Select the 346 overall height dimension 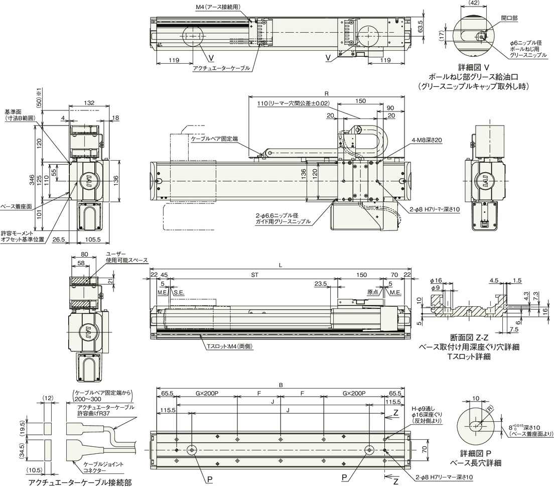pyautogui.click(x=32, y=180)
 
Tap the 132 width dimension pyautogui.click(x=90, y=103)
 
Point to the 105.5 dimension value pyautogui.click(x=93, y=239)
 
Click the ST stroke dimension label pyautogui.click(x=254, y=275)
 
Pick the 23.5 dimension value pyautogui.click(x=321, y=284)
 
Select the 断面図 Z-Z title pyautogui.click(x=469, y=338)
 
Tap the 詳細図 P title pyautogui.click(x=476, y=453)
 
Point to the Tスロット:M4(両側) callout pyautogui.click(x=230, y=347)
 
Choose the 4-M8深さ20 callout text pyautogui.click(x=428, y=140)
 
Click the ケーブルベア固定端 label pyautogui.click(x=214, y=139)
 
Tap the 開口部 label pyautogui.click(x=509, y=18)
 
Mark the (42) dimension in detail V pyautogui.click(x=473, y=3)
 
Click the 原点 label pyautogui.click(x=373, y=292)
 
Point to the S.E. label pyautogui.click(x=179, y=293)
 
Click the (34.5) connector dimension pyautogui.click(x=23, y=450)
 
